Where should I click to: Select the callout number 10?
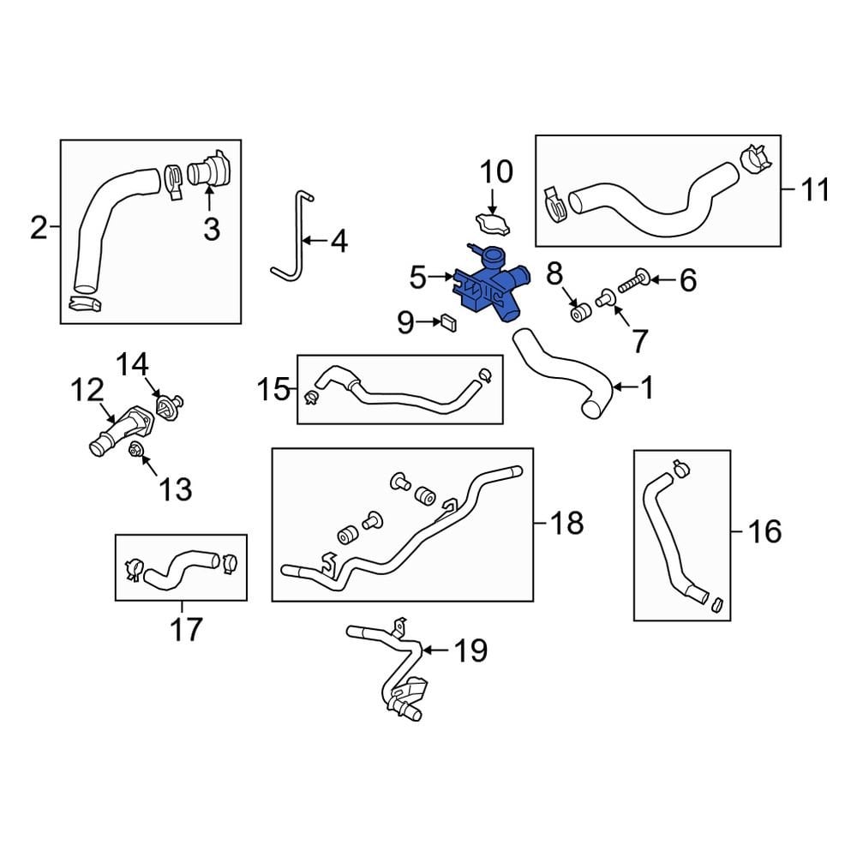(x=494, y=172)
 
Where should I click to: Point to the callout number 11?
(x=813, y=189)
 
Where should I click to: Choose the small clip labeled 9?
(x=447, y=322)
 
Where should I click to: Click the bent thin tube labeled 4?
(x=290, y=237)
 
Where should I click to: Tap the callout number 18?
(x=566, y=522)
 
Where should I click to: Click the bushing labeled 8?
(x=581, y=312)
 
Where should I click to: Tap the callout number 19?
(x=470, y=651)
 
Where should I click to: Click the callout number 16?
(x=764, y=532)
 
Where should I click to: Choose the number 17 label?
(x=186, y=629)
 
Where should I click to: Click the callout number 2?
(x=39, y=228)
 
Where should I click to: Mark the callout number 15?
(x=275, y=391)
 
